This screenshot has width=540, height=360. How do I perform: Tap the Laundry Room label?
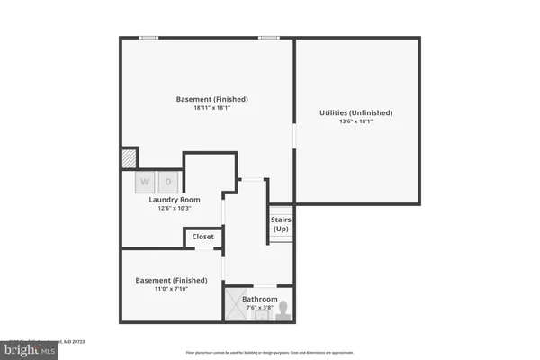[175, 200]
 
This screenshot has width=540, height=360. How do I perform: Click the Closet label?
[203, 237]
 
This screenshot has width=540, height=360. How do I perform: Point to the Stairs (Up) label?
[281, 223]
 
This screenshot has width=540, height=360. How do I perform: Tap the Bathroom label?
[259, 299]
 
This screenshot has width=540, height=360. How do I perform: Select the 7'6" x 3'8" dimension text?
[259, 308]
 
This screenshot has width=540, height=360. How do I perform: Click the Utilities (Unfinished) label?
[356, 112]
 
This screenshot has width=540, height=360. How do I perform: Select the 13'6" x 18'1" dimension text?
[356, 122]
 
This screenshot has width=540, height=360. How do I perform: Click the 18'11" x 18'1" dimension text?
[211, 109]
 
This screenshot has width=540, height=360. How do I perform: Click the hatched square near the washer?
[129, 158]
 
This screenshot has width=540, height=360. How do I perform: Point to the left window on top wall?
[149, 38]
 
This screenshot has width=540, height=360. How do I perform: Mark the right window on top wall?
[268, 38]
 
